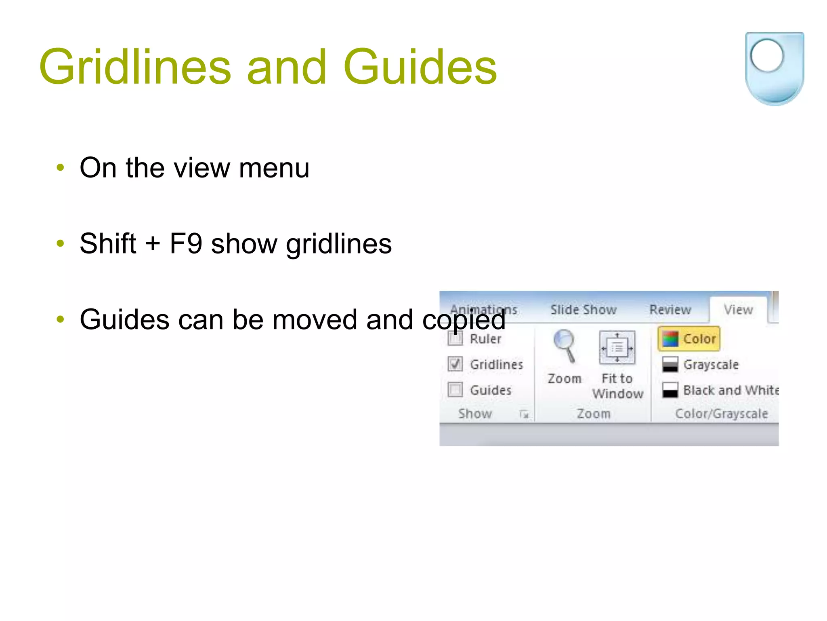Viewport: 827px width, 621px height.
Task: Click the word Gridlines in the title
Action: click(135, 67)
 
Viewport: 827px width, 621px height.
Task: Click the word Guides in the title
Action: click(420, 67)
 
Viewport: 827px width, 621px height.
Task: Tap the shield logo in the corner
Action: click(774, 69)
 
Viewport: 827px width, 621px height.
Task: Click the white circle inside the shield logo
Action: click(767, 56)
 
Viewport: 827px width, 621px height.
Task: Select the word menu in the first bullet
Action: click(274, 168)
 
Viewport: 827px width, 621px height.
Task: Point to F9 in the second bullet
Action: click(185, 244)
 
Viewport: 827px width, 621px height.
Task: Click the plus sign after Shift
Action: click(153, 245)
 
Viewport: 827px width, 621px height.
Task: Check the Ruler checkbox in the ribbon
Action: click(455, 339)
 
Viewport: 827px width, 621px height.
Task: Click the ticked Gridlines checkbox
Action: click(455, 364)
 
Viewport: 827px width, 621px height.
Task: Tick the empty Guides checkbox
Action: click(455, 390)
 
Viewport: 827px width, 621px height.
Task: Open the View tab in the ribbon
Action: click(738, 310)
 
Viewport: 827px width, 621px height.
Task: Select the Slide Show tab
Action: click(583, 310)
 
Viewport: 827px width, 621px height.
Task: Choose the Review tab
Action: click(670, 310)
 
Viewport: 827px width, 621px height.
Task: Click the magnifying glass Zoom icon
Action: click(564, 346)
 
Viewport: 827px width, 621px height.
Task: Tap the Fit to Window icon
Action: click(617, 348)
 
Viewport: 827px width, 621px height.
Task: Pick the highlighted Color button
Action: click(689, 339)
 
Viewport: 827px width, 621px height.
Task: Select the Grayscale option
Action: click(701, 364)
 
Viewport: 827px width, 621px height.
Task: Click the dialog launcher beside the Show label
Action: click(524, 414)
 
